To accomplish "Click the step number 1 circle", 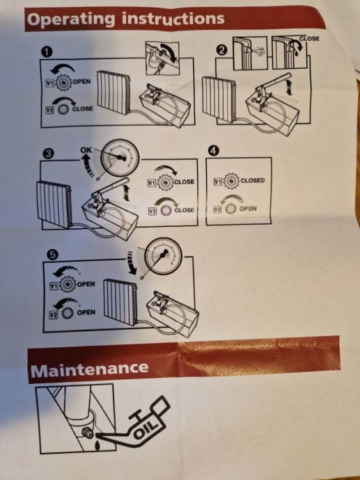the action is (47, 52).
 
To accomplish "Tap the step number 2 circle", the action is (222, 50).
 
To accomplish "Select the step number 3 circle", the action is (48, 154).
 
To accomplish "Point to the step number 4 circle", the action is (213, 152).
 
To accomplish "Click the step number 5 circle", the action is (52, 255).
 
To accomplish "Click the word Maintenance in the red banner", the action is (89, 369).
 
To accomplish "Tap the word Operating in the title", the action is (71, 19).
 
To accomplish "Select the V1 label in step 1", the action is (49, 83).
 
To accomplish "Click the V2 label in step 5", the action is (54, 314).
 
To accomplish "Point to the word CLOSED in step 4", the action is (253, 181).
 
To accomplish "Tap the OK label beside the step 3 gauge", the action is (86, 150).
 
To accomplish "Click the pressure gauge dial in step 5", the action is (163, 256).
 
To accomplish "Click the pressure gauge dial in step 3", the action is (120, 158).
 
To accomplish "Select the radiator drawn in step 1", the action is (114, 93).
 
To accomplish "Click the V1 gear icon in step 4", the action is (231, 181).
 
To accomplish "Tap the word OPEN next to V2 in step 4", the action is (248, 209).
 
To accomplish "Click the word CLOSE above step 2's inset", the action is (309, 38).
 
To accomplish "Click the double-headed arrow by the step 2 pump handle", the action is (289, 87).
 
